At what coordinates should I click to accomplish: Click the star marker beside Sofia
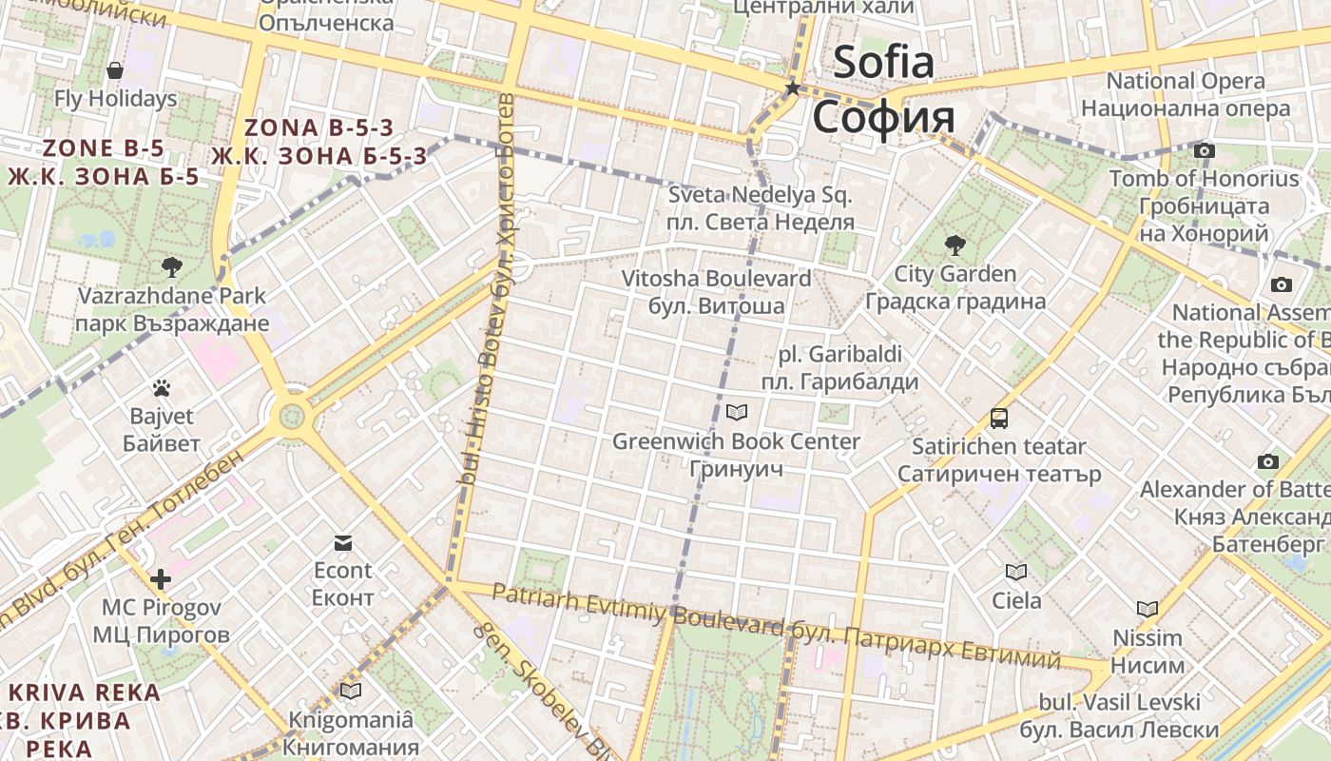792,88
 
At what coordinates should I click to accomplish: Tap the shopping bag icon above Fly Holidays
115,70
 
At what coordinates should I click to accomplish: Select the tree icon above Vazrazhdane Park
172,266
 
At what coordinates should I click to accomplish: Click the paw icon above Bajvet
162,388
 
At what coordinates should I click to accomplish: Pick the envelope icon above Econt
343,543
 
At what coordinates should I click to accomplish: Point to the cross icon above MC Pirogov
161,578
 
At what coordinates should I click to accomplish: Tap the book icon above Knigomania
351,691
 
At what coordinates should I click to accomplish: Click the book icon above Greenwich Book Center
736,413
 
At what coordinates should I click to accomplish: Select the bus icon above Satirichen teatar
999,418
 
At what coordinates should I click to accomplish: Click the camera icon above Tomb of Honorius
1204,150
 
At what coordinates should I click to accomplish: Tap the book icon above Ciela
1016,572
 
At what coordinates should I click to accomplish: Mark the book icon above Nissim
1148,609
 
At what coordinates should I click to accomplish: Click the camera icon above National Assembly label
1282,284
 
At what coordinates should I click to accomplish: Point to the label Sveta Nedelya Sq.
761,196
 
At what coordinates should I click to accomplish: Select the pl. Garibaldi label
840,355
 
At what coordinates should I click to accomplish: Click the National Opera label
1186,82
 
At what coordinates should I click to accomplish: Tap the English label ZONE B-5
104,147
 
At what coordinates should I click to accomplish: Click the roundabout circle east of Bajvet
292,416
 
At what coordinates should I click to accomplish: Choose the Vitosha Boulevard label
716,279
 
